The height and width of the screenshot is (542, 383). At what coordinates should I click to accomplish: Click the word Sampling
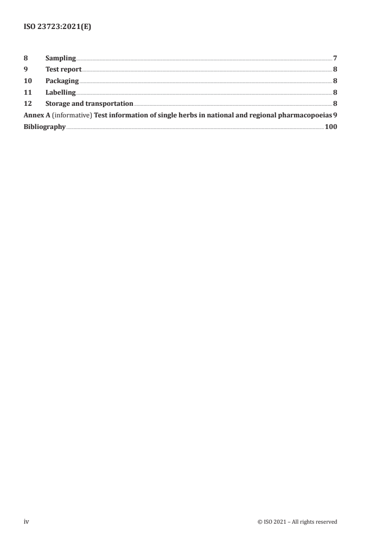[60, 58]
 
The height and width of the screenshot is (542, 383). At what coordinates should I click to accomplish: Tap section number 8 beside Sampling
[26, 58]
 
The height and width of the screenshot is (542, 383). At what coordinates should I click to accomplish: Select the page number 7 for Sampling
[335, 58]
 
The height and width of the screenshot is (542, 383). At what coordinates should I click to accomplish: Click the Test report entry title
[63, 70]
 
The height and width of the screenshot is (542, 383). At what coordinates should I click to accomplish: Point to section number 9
[26, 70]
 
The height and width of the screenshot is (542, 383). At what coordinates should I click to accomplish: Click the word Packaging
[62, 81]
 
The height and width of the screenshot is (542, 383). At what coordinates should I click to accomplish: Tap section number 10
[28, 81]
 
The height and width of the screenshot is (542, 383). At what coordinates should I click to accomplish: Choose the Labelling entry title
[60, 92]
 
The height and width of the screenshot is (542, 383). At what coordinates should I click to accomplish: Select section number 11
[28, 92]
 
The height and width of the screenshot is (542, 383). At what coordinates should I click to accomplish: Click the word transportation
[109, 104]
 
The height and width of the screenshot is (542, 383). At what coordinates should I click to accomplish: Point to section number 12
[28, 104]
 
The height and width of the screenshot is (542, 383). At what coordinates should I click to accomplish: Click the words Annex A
[36, 115]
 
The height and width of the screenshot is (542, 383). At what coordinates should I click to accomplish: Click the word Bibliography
[44, 127]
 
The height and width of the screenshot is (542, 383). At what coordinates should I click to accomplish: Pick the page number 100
[331, 127]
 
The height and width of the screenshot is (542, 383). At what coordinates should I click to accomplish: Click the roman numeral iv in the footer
[27, 522]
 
